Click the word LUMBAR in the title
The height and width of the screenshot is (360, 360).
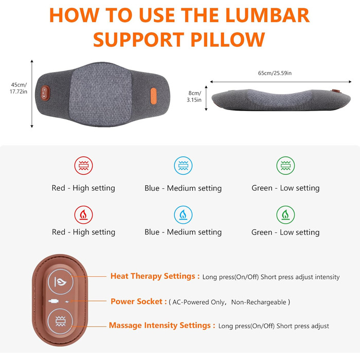coord(267,15)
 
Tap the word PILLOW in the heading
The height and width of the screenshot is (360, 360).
coord(228,40)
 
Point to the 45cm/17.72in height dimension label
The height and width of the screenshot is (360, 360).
coord(19,88)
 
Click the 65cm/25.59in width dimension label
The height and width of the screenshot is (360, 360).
coord(275,73)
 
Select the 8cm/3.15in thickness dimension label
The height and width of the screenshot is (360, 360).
coord(194,97)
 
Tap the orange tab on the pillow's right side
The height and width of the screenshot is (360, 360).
coord(153,96)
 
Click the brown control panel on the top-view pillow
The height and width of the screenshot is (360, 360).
coord(45,93)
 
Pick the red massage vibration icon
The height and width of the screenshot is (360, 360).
coord(83,166)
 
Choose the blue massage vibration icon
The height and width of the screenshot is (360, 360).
coord(183,166)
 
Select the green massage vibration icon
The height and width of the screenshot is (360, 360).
coord(285,166)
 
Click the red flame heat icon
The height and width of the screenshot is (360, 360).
coord(83,214)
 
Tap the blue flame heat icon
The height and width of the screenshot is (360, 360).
coord(183,214)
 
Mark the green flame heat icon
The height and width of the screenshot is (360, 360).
coord(285,214)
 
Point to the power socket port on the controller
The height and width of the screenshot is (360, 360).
coord(53,301)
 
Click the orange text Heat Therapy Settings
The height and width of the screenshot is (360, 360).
coord(155,276)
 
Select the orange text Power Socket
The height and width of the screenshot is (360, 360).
coord(139,301)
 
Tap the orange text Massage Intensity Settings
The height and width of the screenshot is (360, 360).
coord(162,326)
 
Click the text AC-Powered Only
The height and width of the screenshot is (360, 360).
coord(199,302)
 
